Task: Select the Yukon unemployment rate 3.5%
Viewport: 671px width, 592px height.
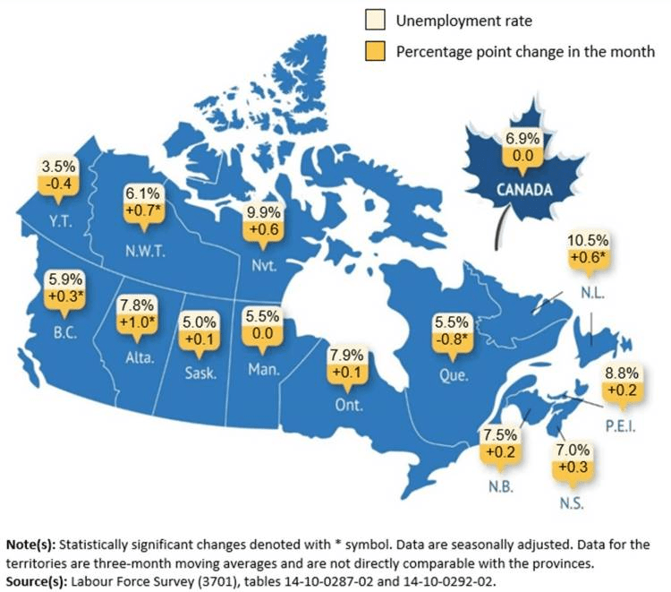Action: point(60,166)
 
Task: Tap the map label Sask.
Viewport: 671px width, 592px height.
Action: point(200,372)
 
